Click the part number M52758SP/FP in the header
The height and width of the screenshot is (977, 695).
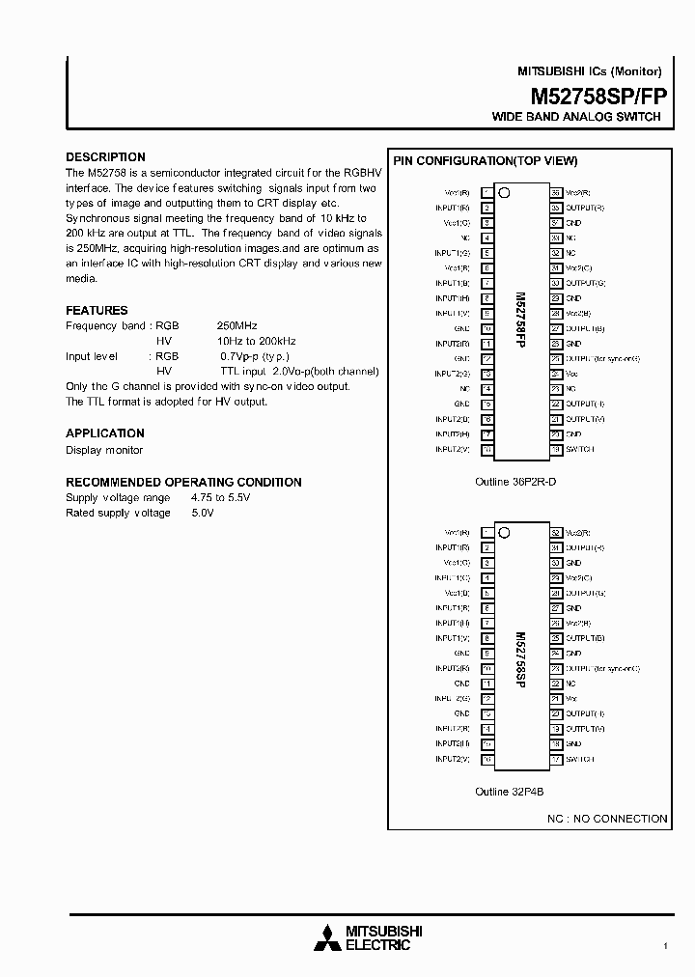coord(596,96)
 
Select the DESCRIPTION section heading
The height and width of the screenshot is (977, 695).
coord(105,156)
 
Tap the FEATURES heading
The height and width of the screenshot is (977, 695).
coord(97,310)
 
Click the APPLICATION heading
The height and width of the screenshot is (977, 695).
coord(105,433)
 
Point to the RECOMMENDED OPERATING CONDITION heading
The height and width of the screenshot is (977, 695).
coord(183,482)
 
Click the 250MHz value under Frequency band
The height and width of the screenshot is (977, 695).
coord(237,326)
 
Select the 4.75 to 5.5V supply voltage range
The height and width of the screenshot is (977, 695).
coord(220,497)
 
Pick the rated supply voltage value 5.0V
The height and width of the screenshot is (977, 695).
coord(203,513)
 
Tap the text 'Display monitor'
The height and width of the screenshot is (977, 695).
coord(104,450)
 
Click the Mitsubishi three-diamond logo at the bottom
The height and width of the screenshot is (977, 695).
coord(329,937)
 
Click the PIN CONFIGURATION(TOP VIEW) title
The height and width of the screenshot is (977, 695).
coord(485,161)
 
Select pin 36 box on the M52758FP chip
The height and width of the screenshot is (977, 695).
coord(556,192)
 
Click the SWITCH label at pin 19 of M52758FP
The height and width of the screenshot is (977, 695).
coord(580,449)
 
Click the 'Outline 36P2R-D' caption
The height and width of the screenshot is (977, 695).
coord(515,480)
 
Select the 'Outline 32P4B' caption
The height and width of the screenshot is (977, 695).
coord(510,792)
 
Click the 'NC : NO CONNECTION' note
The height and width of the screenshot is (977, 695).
coord(607,819)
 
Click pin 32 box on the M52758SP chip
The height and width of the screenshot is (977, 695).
coord(556,532)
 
